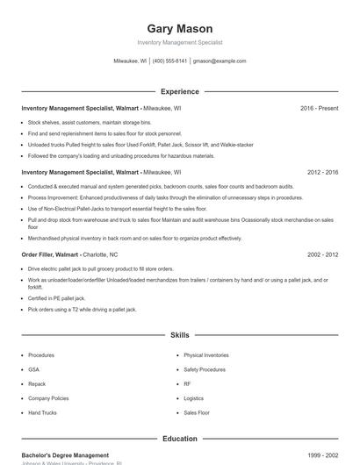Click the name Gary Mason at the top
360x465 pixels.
[180, 29]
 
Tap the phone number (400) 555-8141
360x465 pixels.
[170, 61]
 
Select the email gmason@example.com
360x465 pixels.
[220, 61]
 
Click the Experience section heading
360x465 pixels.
[180, 91]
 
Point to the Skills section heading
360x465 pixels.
[180, 335]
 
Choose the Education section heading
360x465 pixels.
[180, 439]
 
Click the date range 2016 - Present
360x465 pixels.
[319, 108]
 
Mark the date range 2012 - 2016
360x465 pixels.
[322, 173]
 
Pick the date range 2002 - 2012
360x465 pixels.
[322, 254]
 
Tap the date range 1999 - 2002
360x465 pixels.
[322, 455]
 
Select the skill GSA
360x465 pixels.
[33, 369]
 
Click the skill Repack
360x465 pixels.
[36, 383]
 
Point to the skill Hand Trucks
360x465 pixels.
[41, 412]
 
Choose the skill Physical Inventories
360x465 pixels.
[205, 355]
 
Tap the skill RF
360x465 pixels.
[187, 383]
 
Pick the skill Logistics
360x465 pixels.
[194, 398]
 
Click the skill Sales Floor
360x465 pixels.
[197, 412]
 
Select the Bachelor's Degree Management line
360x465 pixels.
[65, 455]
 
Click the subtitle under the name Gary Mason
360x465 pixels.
[180, 42]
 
